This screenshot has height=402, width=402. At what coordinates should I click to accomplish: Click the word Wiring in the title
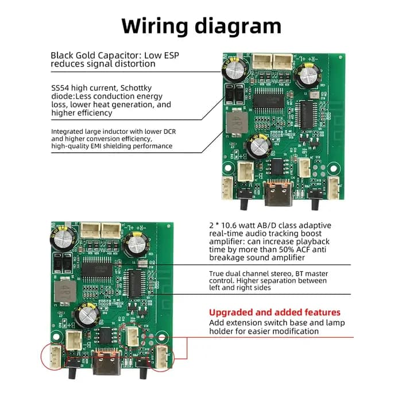155,26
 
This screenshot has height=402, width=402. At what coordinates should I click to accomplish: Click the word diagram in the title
238,26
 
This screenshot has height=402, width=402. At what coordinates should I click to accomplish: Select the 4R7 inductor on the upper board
237,122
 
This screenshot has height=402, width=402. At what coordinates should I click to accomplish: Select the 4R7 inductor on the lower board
65,292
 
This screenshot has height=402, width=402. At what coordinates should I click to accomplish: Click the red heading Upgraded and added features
275,312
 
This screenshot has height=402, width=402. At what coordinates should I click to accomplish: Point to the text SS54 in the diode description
60,88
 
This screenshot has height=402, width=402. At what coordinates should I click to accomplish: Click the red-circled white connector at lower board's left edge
55,357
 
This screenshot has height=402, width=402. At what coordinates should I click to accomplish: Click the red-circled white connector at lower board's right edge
162,357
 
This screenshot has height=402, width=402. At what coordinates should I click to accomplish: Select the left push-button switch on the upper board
245,199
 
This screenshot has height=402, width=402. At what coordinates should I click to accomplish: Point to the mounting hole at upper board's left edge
228,168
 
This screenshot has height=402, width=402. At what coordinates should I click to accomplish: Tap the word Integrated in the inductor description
67,132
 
